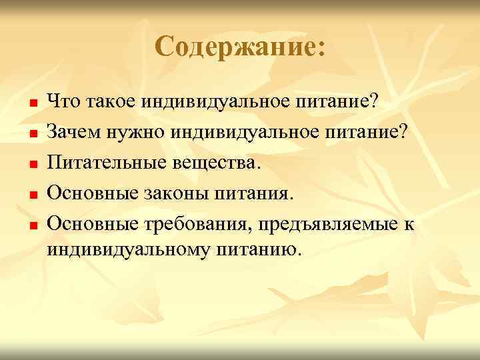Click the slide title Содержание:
[x=240, y=47]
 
